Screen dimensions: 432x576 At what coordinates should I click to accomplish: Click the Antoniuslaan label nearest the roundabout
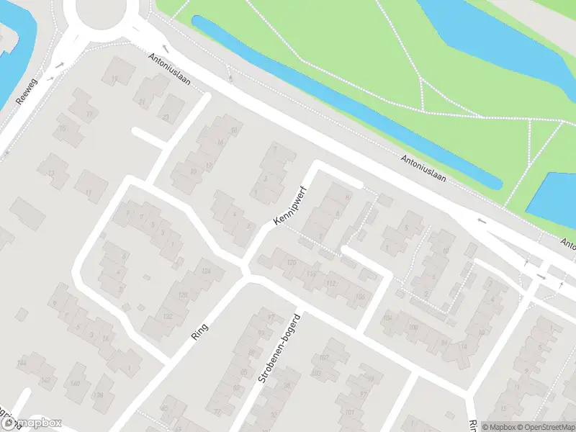[170, 69]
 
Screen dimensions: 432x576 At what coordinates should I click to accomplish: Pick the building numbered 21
[142, 102]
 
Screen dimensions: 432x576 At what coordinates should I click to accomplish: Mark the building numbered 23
[166, 117]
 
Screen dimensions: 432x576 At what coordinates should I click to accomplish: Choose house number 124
[207, 271]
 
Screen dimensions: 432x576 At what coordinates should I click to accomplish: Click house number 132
[168, 317]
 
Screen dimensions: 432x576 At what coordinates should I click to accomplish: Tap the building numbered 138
[99, 395]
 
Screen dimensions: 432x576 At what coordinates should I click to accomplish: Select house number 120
[291, 263]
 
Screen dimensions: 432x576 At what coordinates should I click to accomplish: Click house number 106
[359, 296]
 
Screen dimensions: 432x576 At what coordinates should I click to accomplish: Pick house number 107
[324, 358]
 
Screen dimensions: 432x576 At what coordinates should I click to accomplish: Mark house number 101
[351, 412]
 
